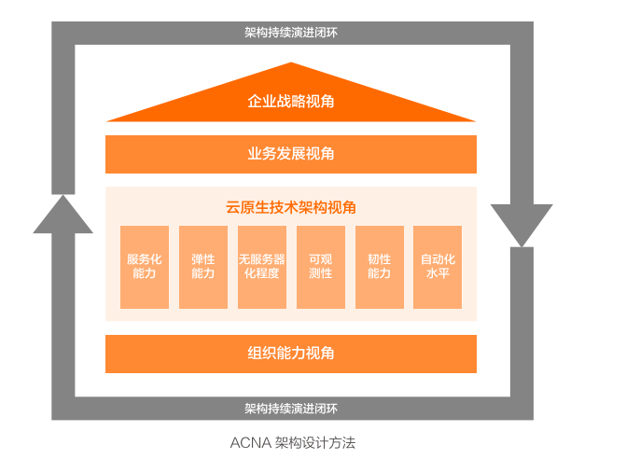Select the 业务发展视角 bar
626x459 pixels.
[x=291, y=154]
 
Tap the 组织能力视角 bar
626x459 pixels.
[x=291, y=354]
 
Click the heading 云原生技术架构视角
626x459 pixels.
[x=291, y=207]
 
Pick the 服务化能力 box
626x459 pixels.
[x=145, y=267]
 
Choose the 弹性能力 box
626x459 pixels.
[x=203, y=267]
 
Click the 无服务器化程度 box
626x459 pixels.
[x=262, y=267]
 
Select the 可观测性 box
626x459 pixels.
[x=320, y=267]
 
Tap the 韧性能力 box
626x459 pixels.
[x=379, y=267]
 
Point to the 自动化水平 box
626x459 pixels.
[x=438, y=267]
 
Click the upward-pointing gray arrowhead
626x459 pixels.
[x=63, y=216]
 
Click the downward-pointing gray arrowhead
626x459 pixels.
[x=522, y=225]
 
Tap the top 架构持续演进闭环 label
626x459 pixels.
[x=291, y=33]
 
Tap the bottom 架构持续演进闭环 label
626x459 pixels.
[x=291, y=409]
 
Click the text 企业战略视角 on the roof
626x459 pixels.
[x=291, y=101]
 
